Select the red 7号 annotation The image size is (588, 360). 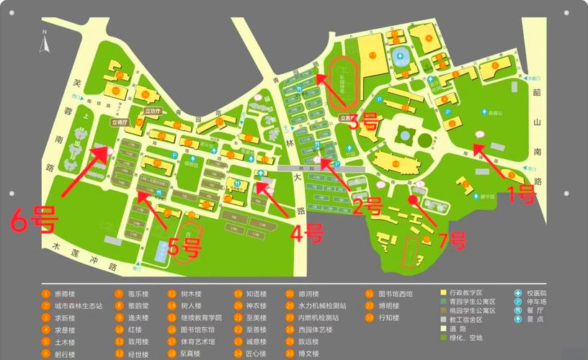coord(453,238)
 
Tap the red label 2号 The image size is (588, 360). coord(367,207)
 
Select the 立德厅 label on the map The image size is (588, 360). coord(119,123)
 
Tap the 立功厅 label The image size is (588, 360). coord(152,112)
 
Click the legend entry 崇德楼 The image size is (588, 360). coord(64,294)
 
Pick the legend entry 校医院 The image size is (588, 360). coord(537,294)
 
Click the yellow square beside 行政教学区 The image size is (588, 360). coord(444,294)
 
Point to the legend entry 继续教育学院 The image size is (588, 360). coord(201,318)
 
